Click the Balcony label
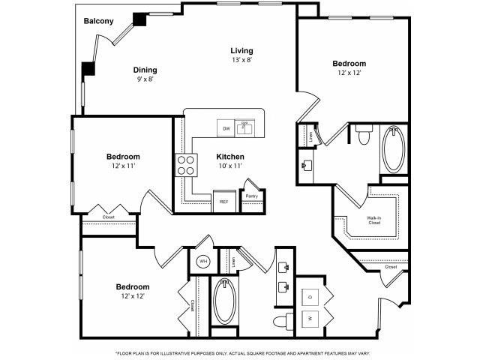98,21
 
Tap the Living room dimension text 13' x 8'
241,60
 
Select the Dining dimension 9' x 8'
145,79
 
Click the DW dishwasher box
226,128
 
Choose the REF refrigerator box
223,202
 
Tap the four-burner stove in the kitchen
184,164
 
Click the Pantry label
251,196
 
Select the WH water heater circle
203,261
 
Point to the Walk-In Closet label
374,220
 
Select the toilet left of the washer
281,322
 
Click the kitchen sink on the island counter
244,127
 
